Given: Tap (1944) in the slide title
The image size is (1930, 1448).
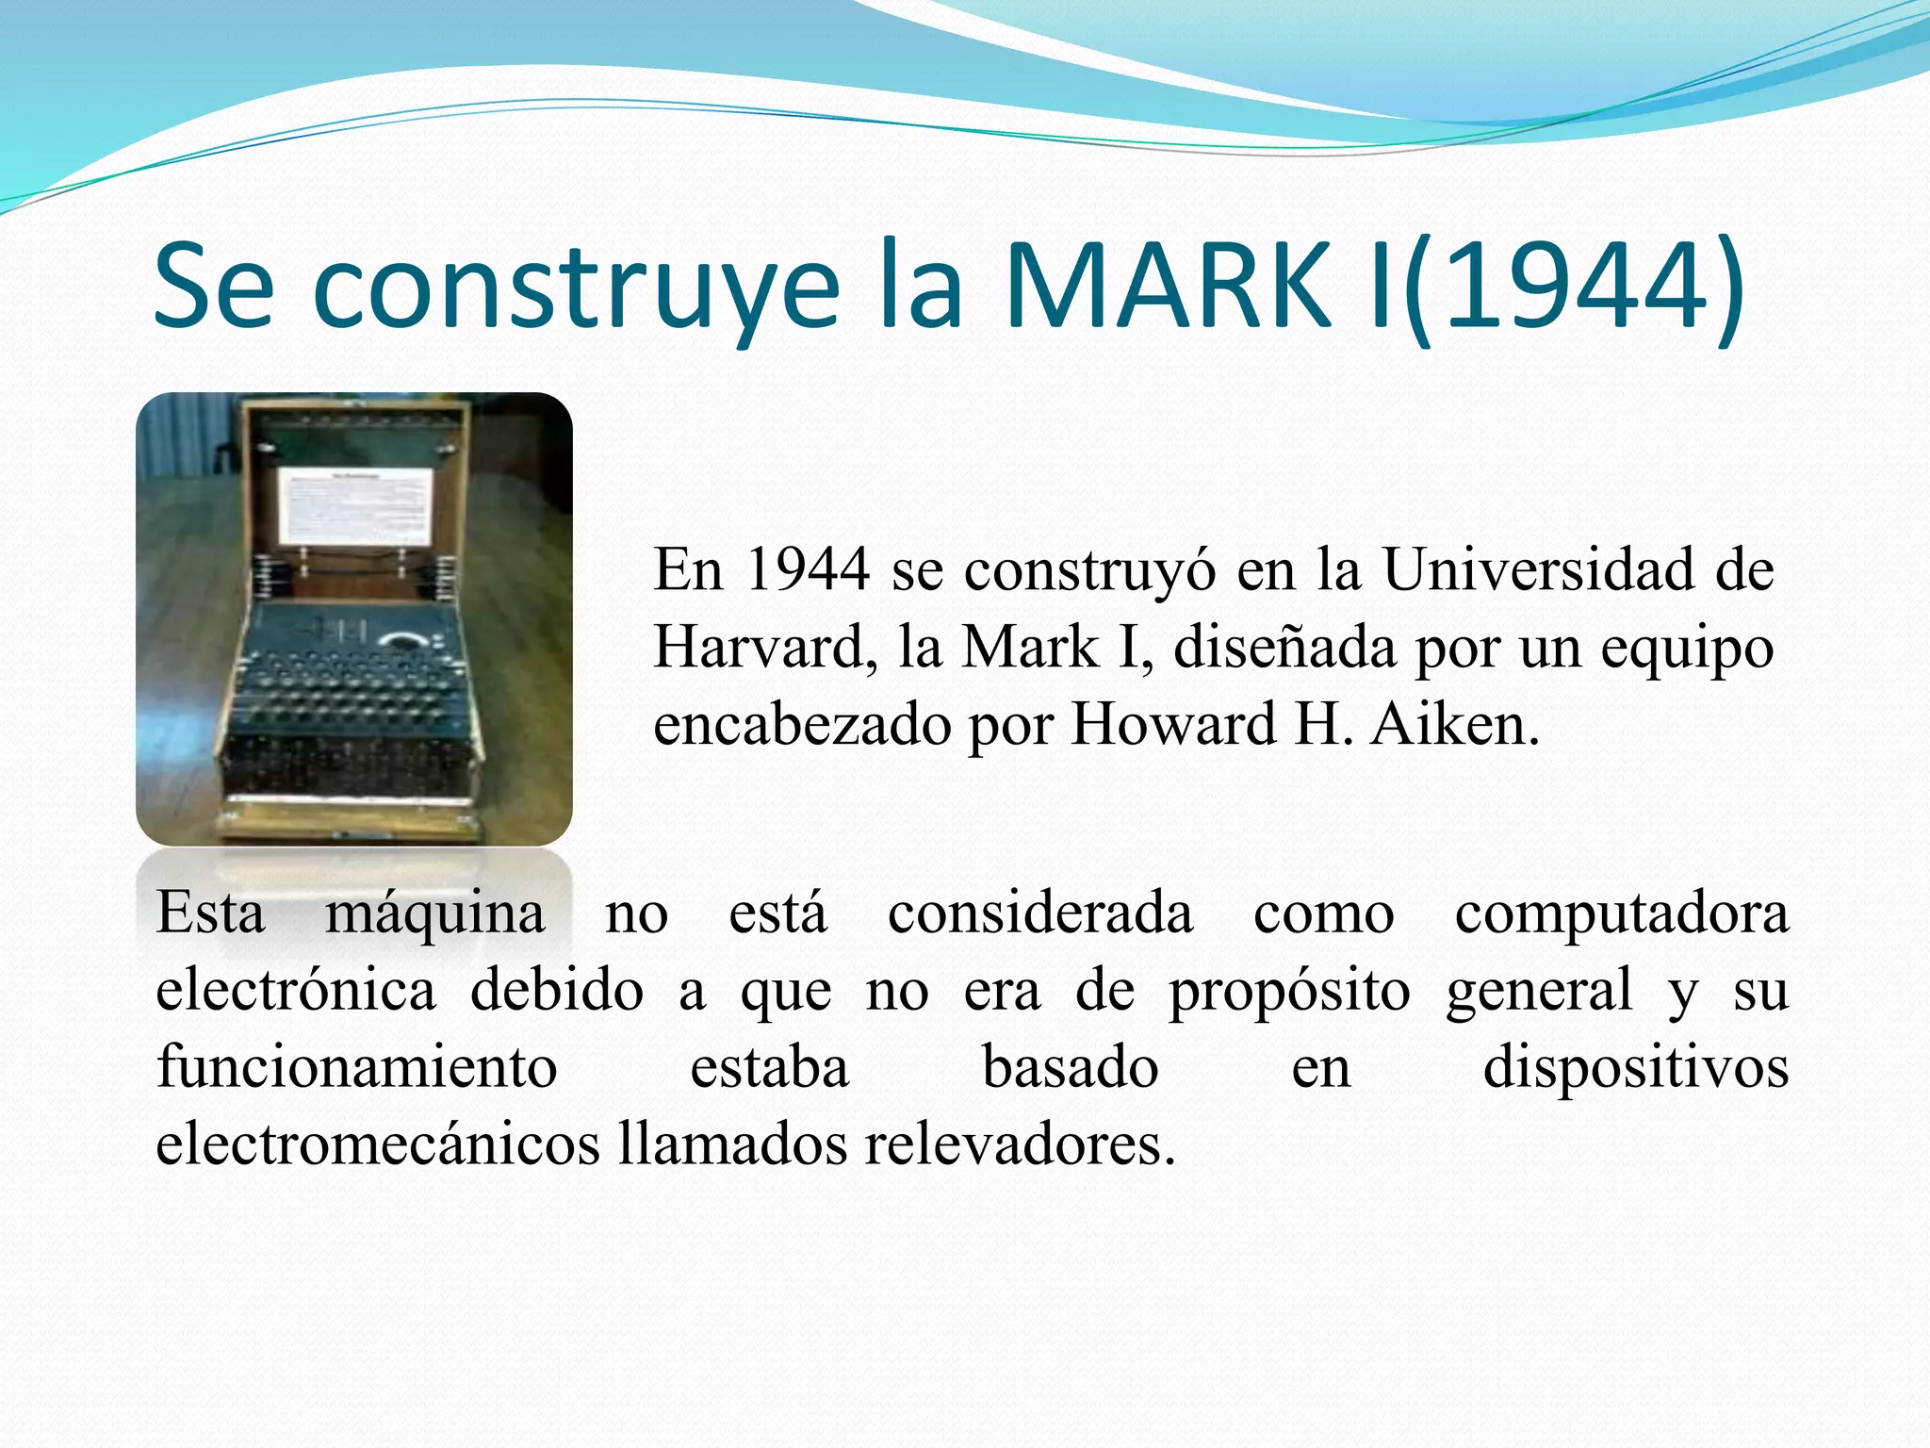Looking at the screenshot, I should coord(1575,288).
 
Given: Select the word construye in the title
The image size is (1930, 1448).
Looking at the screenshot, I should coord(575,288).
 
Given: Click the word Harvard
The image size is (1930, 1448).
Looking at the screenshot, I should coord(759,648).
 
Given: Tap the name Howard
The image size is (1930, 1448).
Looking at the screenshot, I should coord(1173,725).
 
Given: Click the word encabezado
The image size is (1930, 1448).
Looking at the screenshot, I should coord(802,725).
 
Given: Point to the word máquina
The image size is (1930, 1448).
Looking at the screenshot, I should coord(434,914).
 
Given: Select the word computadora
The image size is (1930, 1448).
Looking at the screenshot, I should coord(1621,914).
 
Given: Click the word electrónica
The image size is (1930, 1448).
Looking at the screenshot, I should coord(296,991).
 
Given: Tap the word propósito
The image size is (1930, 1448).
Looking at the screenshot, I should coord(1289,993).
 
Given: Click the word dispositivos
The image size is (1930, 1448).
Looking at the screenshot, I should coord(1636,1068).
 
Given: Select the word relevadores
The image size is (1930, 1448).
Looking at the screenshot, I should coord(1020,1145).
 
